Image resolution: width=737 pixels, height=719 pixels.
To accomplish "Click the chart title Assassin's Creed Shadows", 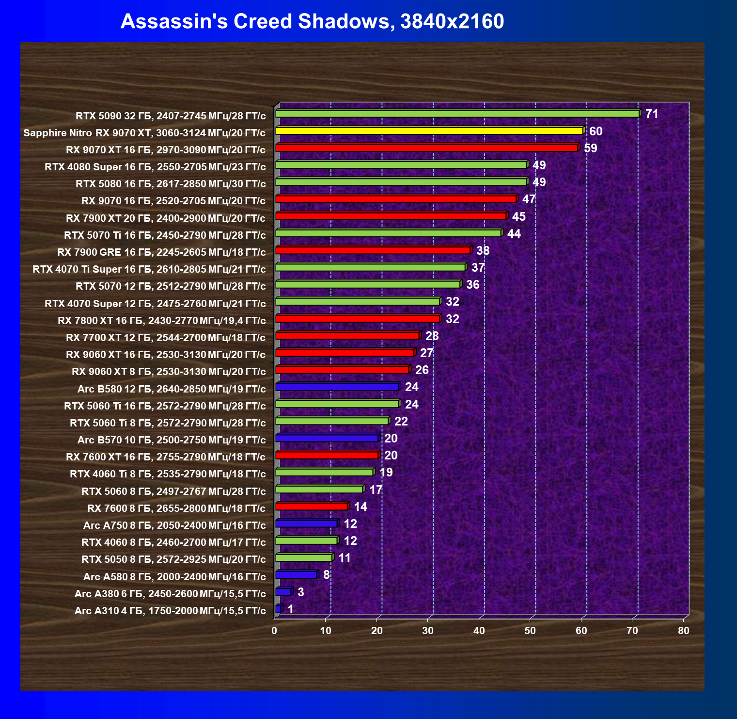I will tap(312, 21).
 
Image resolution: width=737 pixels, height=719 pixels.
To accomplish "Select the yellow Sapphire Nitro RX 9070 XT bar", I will tap(429, 131).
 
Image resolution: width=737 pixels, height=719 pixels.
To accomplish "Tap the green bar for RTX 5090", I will tap(457, 114).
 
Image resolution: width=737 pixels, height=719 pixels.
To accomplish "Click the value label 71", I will tap(652, 114).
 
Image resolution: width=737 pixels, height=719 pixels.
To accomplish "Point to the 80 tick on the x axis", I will tap(683, 631).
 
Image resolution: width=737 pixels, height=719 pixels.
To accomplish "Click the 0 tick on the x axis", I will tap(274, 631).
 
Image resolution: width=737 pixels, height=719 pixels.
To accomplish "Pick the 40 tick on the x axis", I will tap(479, 631).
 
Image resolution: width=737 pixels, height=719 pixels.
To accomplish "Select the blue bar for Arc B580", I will tap(337, 387).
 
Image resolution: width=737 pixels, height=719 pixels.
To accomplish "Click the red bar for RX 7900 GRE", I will tap(373, 250).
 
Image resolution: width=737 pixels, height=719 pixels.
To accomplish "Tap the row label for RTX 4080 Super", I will tap(155, 167).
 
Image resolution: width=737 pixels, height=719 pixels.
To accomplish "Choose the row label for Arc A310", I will tap(170, 610).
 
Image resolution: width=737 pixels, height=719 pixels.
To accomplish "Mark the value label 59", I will tap(591, 148).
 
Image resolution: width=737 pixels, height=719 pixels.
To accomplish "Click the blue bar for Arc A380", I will tap(283, 592).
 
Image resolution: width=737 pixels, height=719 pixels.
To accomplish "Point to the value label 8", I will tap(327, 575).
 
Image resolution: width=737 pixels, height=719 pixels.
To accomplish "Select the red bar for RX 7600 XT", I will tap(327, 456).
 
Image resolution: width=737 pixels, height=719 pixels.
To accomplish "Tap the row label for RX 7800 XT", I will tap(161, 320).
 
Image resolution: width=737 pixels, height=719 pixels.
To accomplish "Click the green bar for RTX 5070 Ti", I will tap(388, 233).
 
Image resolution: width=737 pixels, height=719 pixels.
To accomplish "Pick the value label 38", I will tap(483, 250).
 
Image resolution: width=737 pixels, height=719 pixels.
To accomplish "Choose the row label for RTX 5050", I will tap(173, 559).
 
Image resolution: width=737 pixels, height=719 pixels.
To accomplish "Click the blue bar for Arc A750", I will tap(306, 523).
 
